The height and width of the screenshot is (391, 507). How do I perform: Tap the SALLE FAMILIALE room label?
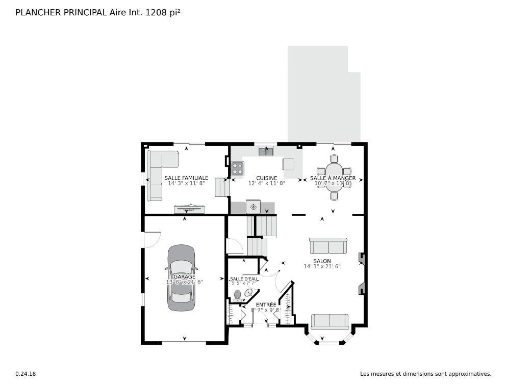tap(186, 178)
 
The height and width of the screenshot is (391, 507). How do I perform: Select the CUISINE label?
tap(267, 178)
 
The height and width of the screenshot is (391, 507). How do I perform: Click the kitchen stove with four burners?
tap(237, 169)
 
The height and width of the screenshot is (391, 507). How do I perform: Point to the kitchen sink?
tap(266, 151)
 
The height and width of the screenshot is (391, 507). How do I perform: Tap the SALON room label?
tap(322, 261)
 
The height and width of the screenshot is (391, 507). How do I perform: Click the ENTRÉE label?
tap(266, 304)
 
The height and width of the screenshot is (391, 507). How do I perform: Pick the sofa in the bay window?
tap(329, 321)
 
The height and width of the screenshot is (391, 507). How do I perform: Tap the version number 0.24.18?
tap(26, 374)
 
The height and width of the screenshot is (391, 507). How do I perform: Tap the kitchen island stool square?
tap(289, 164)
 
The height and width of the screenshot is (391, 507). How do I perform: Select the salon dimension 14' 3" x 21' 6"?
tap(322, 266)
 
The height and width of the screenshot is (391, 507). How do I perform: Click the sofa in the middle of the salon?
tap(328, 246)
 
